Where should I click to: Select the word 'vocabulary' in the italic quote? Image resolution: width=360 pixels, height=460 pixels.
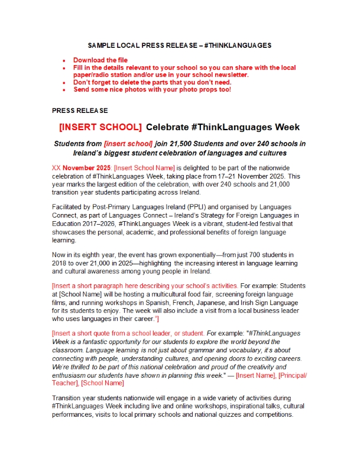click(226, 349)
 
